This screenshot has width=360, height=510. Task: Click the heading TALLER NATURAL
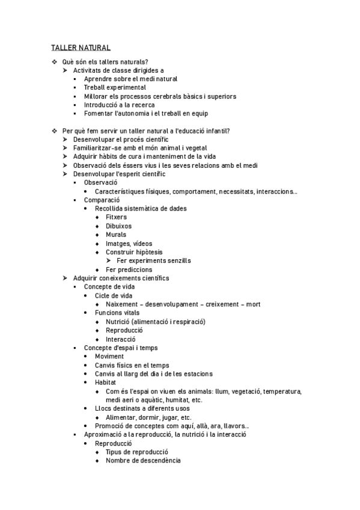click(x=80, y=48)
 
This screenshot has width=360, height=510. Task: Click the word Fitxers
click(x=116, y=217)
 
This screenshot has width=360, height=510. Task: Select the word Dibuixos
click(x=118, y=226)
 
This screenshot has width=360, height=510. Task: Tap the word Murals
click(x=117, y=235)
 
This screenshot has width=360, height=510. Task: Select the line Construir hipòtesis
click(x=134, y=252)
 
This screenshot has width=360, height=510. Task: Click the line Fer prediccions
click(x=129, y=269)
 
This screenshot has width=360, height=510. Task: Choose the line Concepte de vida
click(x=109, y=287)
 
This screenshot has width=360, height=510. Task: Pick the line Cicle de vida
click(x=114, y=295)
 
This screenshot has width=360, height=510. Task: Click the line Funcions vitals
click(x=117, y=313)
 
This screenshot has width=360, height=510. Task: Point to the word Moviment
click(x=109, y=357)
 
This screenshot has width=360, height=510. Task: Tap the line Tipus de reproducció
click(x=136, y=452)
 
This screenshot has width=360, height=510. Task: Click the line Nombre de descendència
click(x=142, y=461)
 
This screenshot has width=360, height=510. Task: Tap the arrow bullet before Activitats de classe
click(x=66, y=70)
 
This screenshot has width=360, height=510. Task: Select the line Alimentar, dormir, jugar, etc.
click(x=148, y=417)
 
